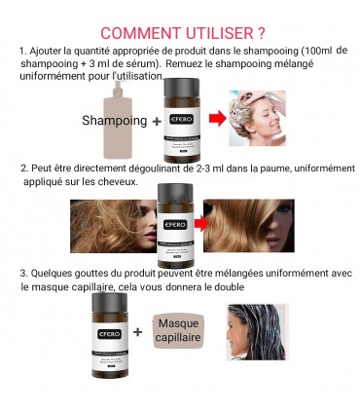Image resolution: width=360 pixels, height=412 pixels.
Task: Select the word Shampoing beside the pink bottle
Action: (x=113, y=122)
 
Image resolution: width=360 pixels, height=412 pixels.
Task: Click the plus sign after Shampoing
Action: (x=157, y=122)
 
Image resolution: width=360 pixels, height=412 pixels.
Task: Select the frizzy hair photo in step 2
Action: (x=112, y=225)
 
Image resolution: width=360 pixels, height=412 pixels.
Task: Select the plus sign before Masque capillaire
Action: (x=137, y=331)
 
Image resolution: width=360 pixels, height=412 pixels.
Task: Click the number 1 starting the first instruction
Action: (x=21, y=51)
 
